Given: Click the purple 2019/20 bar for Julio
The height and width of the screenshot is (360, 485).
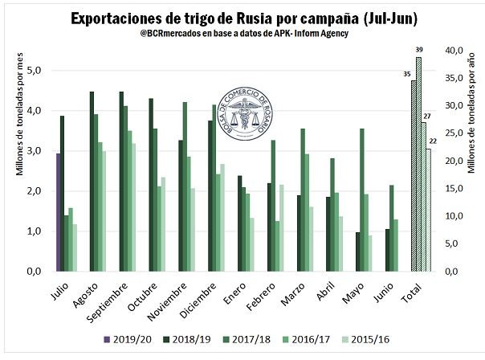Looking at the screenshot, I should [x=58, y=212].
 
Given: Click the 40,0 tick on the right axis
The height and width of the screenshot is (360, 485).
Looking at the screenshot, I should [x=454, y=51].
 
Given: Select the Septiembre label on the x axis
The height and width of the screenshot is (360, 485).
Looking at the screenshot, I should [x=120, y=296].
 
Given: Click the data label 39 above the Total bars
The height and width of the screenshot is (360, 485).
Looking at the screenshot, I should [x=418, y=50].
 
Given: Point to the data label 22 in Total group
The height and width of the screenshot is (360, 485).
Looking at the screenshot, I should [x=433, y=141].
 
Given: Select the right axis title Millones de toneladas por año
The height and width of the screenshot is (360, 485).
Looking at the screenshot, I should [x=474, y=161].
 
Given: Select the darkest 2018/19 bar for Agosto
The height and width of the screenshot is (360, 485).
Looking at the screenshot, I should [x=92, y=182].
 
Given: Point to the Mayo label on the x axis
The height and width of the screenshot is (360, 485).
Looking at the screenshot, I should [x=345, y=287].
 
